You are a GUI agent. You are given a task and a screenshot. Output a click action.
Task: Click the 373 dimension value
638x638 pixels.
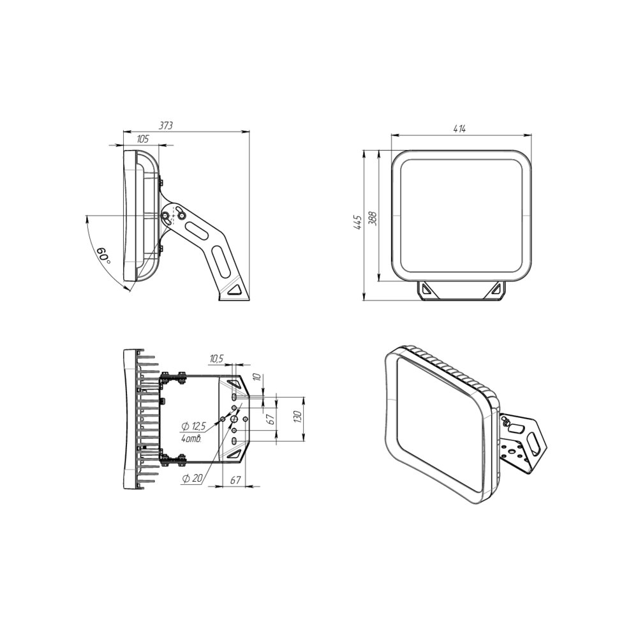[166, 125]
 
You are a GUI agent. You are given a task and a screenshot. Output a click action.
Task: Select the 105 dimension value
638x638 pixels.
[142, 139]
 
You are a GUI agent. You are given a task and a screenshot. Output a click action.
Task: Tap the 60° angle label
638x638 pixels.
[103, 255]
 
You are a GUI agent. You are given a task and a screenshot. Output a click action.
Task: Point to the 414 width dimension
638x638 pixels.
[459, 129]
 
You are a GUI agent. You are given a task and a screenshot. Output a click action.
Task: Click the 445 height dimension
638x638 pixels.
[358, 222]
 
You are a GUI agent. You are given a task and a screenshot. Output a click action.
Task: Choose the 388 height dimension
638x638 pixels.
[373, 218]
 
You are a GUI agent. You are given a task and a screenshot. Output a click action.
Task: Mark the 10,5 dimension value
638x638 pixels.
[216, 359]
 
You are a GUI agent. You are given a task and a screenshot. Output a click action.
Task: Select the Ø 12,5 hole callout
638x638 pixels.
[194, 426]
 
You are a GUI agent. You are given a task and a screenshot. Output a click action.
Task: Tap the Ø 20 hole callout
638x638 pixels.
[192, 478]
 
